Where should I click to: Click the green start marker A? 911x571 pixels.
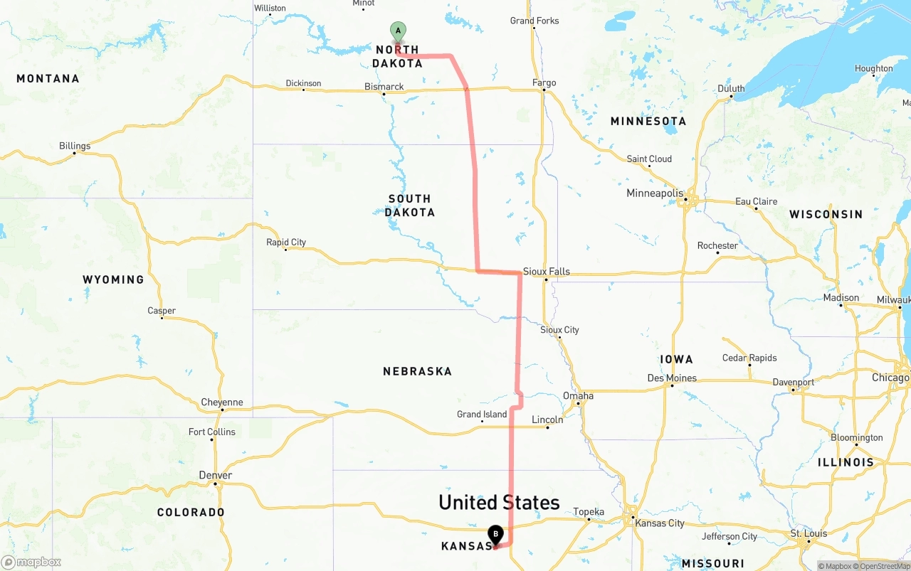(x=399, y=31)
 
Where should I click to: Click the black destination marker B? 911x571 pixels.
(x=495, y=534)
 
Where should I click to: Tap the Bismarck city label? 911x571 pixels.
(x=384, y=87)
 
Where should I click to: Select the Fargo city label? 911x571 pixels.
(x=544, y=83)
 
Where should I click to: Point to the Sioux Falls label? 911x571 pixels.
(x=546, y=272)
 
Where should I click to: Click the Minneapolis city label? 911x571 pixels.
(x=654, y=193)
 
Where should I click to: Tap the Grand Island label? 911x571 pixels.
(x=482, y=415)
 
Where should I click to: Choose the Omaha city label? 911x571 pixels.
(x=578, y=396)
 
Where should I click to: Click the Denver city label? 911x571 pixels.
(x=215, y=476)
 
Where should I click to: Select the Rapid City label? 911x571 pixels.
(x=286, y=242)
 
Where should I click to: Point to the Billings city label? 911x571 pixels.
(x=75, y=146)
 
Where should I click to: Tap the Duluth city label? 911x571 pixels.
(x=731, y=89)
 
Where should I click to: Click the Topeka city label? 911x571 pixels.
(x=589, y=512)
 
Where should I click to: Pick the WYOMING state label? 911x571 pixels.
(x=113, y=279)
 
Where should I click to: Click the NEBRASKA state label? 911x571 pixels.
(x=417, y=371)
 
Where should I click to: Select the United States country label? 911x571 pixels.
(x=499, y=503)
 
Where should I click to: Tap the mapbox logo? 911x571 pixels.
(x=31, y=562)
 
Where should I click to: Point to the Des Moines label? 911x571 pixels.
(x=672, y=378)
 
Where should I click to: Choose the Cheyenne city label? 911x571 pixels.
(x=222, y=402)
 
